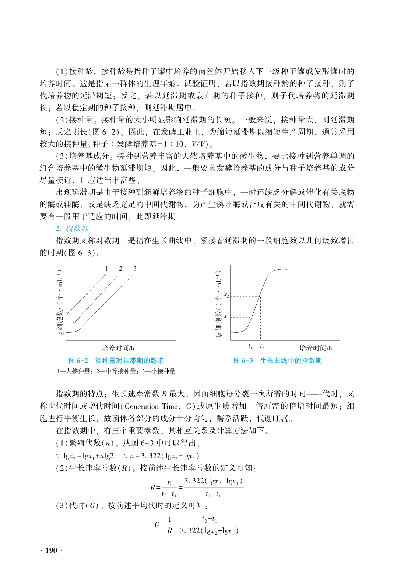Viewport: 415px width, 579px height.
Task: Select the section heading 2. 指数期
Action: click(72, 228)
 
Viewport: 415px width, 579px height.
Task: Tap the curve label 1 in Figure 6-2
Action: click(106, 268)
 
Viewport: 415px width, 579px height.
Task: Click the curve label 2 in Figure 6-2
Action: click(120, 268)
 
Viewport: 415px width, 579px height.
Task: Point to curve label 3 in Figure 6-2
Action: click(135, 268)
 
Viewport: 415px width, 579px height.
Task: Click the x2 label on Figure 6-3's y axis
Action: click(226, 295)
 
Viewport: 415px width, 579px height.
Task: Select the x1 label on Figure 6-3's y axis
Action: click(226, 316)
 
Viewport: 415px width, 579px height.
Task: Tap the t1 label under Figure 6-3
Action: click(250, 347)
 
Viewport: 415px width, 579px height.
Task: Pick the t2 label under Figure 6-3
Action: click(262, 347)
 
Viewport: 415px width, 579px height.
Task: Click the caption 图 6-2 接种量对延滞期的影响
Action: click(116, 361)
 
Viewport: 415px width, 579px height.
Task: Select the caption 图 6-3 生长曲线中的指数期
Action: click(278, 361)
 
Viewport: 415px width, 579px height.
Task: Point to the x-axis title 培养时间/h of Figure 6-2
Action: click(118, 348)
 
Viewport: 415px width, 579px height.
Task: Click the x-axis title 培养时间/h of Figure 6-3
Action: click(316, 348)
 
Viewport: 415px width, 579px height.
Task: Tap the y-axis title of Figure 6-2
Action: click(60, 302)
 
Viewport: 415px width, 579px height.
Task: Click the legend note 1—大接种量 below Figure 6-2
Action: click(73, 371)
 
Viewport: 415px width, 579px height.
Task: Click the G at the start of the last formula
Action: click(157, 524)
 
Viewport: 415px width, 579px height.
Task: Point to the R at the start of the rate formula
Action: click(152, 487)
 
